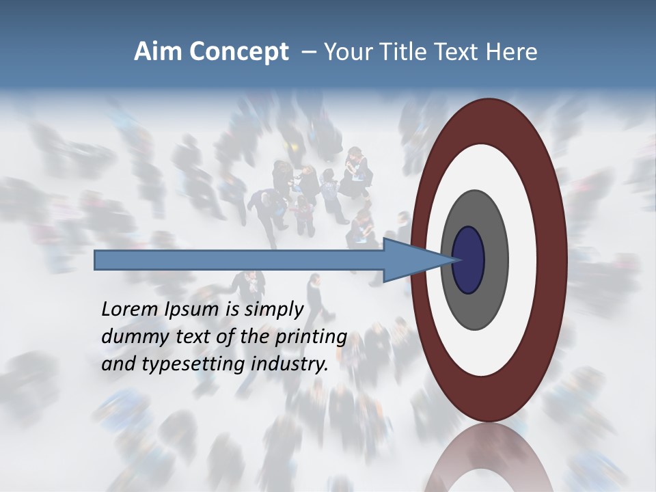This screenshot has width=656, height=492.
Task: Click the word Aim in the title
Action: pos(159,52)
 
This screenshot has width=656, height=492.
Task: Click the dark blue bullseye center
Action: pos(469,260)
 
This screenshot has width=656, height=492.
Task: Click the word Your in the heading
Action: pos(346,52)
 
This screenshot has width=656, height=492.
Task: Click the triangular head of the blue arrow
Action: pos(417,260)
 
